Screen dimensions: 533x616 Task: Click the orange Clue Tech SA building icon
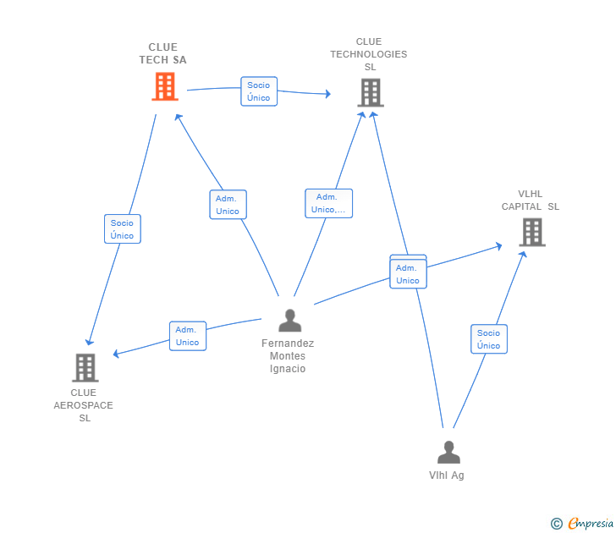165,86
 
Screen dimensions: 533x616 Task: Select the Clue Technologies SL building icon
370,92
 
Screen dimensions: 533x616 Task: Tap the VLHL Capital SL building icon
531,232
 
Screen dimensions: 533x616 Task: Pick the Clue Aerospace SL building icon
85,367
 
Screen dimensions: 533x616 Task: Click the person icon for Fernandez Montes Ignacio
289,321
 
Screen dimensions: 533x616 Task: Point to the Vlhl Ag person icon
448,453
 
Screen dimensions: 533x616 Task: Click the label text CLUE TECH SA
162,53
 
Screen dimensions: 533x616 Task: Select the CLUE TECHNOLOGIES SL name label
368,54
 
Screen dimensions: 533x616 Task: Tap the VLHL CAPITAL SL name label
531,200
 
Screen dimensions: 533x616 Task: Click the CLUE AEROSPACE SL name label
84,405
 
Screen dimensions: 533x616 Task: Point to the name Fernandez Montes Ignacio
288,356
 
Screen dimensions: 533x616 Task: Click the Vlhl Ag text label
447,475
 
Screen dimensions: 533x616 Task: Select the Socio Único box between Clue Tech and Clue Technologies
259,91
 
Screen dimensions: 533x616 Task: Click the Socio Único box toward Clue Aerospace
123,229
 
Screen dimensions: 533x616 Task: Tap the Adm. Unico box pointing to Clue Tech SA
228,205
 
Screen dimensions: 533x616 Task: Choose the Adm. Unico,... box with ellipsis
328,203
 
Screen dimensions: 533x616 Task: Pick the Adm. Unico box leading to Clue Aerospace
187,336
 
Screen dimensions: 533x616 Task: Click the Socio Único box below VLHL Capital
489,339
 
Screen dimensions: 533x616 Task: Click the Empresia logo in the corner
591,524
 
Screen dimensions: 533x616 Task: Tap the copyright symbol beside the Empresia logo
557,524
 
